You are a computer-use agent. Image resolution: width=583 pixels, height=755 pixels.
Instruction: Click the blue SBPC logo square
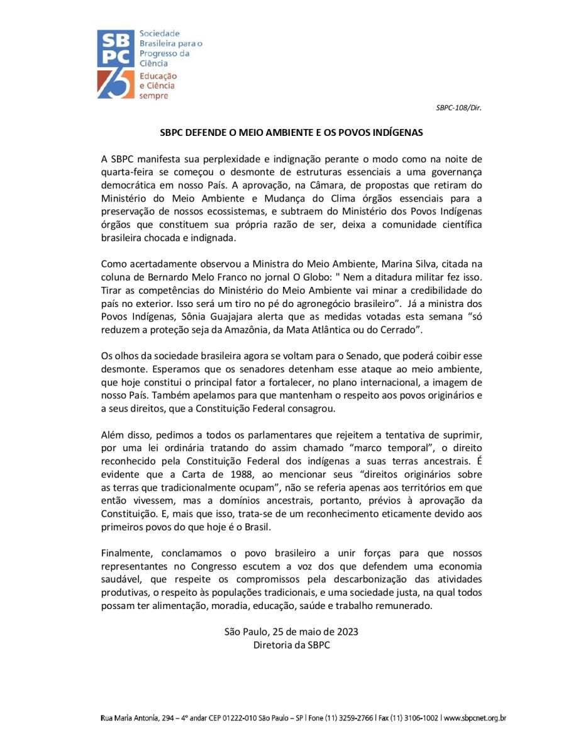(116, 49)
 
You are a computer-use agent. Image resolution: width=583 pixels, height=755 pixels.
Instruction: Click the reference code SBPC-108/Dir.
(458, 108)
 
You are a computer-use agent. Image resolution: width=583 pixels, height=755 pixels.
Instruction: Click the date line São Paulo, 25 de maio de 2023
(291, 632)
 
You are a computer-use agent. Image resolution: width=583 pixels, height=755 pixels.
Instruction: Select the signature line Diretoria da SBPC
(291, 645)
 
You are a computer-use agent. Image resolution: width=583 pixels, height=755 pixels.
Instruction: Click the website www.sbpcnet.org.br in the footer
(475, 718)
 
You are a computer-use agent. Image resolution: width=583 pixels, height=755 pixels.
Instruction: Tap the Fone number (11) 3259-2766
(352, 718)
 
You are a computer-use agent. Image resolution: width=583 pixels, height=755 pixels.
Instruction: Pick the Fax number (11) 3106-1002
(413, 718)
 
